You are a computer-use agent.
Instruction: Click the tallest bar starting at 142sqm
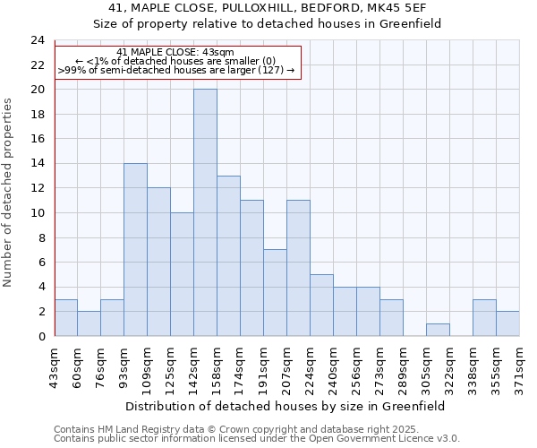pos(205,213)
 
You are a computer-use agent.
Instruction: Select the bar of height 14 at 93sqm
pos(135,250)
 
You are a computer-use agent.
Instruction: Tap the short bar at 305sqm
pos(438,330)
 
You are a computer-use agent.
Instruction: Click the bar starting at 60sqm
pos(89,323)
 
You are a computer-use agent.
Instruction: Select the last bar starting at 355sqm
pos(507,323)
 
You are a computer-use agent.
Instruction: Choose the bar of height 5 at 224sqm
pos(321,306)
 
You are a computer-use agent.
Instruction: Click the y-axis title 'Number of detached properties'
pos(9,193)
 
